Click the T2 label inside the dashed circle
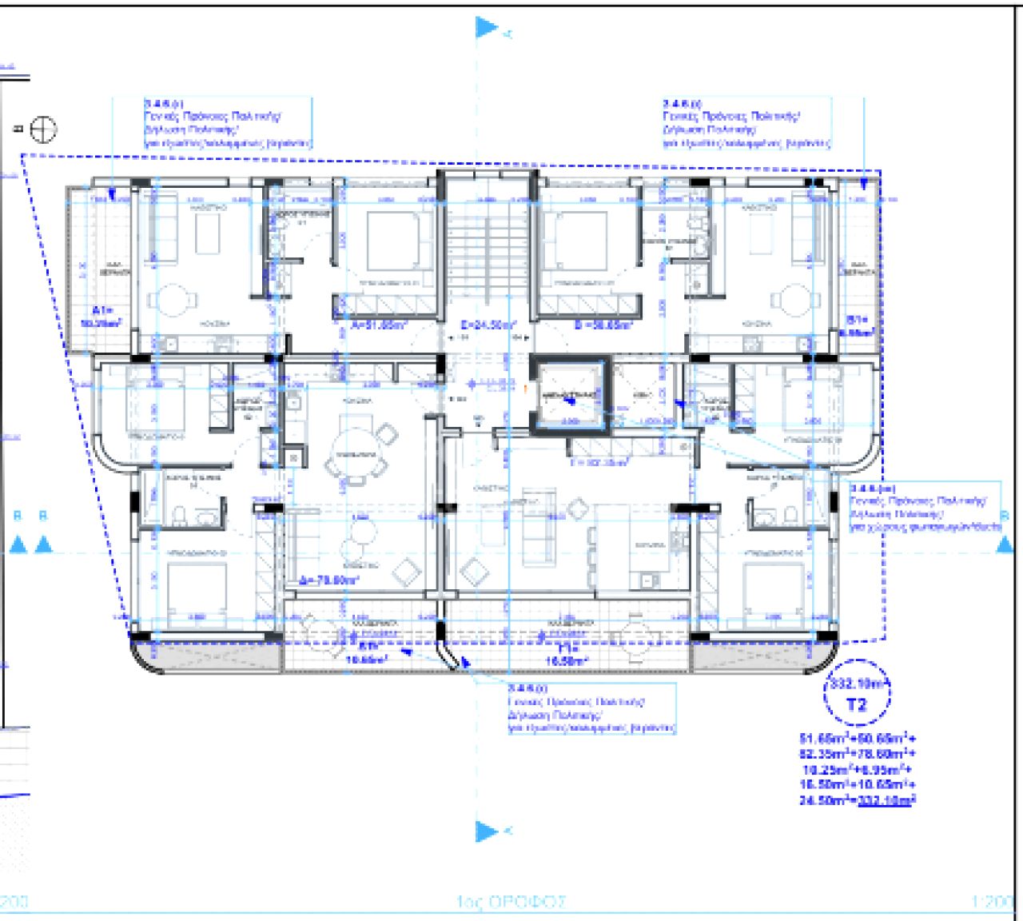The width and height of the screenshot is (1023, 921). [x=856, y=705]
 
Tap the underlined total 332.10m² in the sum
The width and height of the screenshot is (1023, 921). [x=886, y=800]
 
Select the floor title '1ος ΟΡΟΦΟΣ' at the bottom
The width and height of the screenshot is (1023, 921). [x=511, y=902]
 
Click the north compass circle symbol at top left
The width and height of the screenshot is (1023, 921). [x=43, y=130]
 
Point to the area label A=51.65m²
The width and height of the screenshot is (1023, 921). [x=380, y=325]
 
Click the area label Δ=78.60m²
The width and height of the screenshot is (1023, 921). [x=329, y=580]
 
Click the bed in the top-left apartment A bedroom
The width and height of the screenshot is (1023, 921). [x=398, y=241]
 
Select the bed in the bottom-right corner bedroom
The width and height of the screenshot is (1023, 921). [x=773, y=590]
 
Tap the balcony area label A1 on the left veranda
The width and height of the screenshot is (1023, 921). [x=105, y=317]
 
